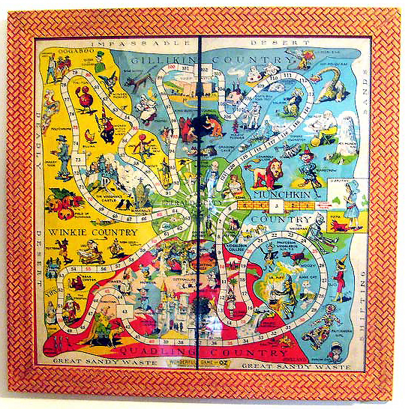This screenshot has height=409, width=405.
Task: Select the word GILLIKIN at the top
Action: [169, 61]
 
